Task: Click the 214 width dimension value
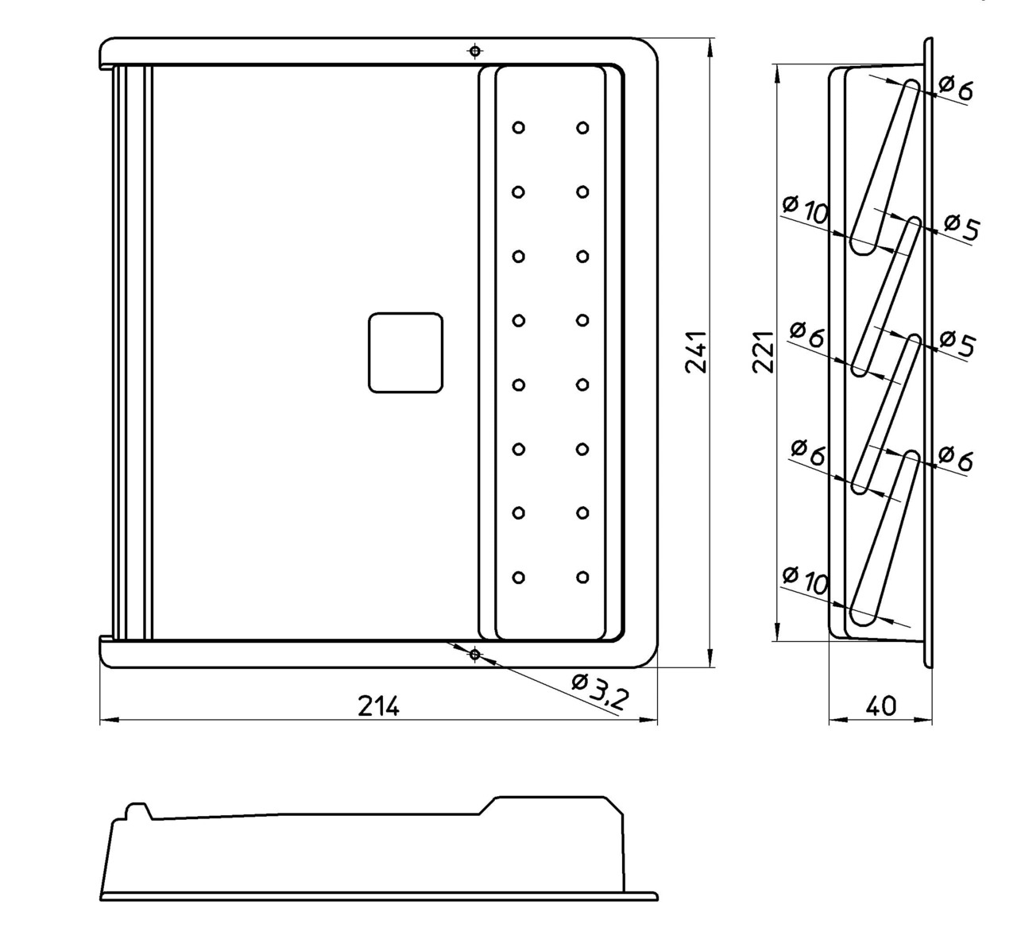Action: (377, 706)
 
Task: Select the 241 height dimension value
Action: (696, 351)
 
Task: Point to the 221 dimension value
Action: (764, 351)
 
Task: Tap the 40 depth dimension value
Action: (880, 706)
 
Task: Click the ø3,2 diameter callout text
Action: (600, 690)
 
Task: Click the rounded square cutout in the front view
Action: (405, 352)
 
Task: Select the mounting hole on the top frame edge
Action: (474, 52)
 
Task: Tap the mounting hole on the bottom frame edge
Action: (474, 655)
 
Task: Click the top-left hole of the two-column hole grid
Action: (518, 127)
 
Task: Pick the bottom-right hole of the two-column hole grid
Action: (582, 578)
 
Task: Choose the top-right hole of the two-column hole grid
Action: (582, 127)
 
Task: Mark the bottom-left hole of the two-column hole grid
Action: (518, 578)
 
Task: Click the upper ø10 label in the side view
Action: (805, 211)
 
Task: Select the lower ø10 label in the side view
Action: (805, 581)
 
